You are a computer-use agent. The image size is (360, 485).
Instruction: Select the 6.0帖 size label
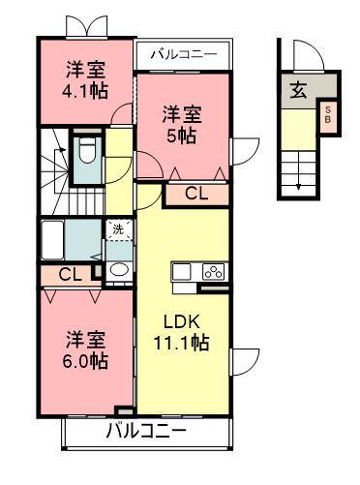(x=86, y=361)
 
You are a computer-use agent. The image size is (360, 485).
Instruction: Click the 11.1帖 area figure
(x=181, y=342)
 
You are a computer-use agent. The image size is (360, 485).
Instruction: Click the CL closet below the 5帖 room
(x=195, y=193)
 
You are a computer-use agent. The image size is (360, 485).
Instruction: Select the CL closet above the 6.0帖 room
(x=70, y=274)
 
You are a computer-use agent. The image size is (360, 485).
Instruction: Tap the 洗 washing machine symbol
(x=117, y=230)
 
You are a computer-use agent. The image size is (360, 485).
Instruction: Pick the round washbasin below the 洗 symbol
(x=117, y=270)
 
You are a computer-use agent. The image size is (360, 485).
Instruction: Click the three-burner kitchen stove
(x=213, y=270)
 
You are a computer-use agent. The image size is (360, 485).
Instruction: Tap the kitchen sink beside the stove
(x=185, y=270)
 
